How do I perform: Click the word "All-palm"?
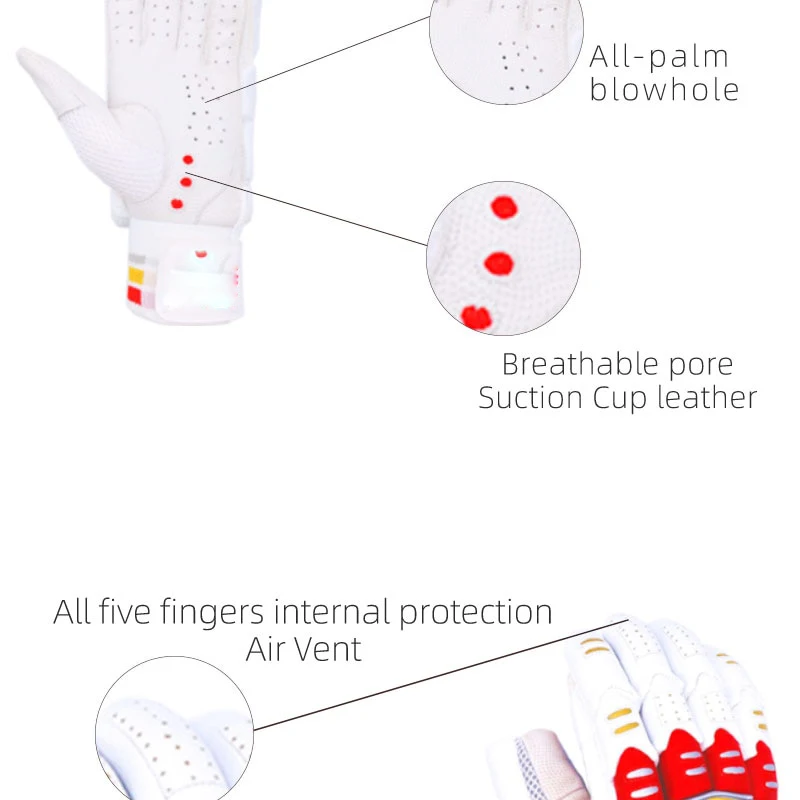[x=659, y=56]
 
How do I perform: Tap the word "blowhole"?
[x=664, y=90]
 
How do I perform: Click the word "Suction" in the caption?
[x=531, y=397]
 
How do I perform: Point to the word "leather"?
[x=707, y=397]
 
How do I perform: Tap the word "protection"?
[x=475, y=611]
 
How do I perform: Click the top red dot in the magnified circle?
[x=504, y=208]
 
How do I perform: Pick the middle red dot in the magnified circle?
[x=498, y=264]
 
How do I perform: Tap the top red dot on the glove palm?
[x=188, y=160]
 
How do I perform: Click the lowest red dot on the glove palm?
[x=177, y=204]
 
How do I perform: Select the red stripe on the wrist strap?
[x=135, y=294]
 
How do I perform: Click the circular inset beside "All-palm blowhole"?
[x=505, y=40]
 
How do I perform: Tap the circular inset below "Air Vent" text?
[x=174, y=730]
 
